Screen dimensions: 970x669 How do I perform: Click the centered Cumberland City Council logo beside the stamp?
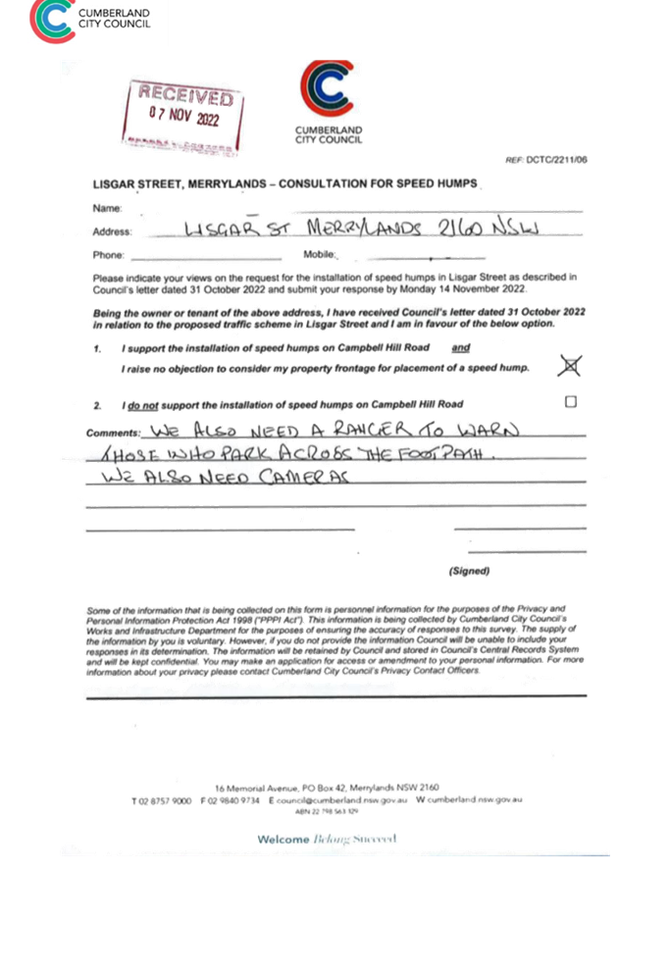pos(328,103)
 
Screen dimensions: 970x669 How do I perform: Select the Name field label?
pos(106,209)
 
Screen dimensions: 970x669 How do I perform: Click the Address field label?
pos(111,231)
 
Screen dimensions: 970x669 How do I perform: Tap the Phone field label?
pos(107,255)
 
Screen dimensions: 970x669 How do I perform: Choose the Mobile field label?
pos(318,254)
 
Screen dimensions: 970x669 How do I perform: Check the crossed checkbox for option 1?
pos(569,366)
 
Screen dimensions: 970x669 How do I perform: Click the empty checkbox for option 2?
pos(571,401)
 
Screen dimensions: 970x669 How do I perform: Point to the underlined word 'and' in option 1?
pos(461,348)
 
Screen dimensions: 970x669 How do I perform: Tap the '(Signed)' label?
pos(470,571)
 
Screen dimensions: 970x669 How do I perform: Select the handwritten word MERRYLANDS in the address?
pos(364,229)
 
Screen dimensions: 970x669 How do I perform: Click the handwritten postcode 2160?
pos(463,228)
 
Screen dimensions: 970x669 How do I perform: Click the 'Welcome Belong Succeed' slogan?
pos(327,840)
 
